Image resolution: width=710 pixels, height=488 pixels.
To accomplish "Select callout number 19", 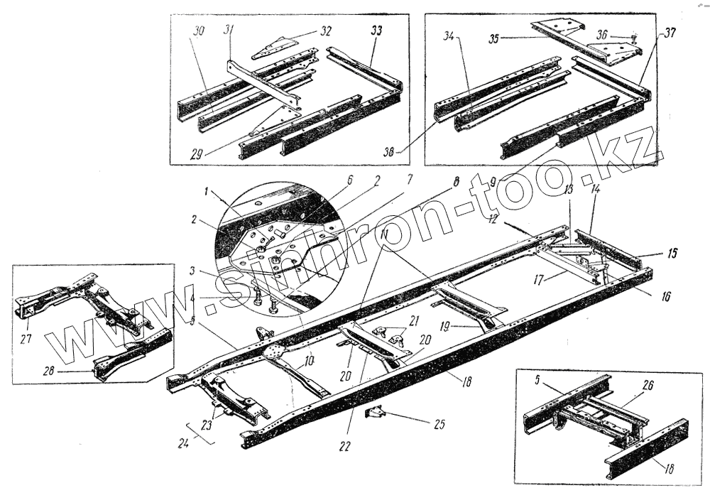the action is [445, 326].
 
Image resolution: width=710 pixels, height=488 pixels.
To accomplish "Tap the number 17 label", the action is [545, 281].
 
